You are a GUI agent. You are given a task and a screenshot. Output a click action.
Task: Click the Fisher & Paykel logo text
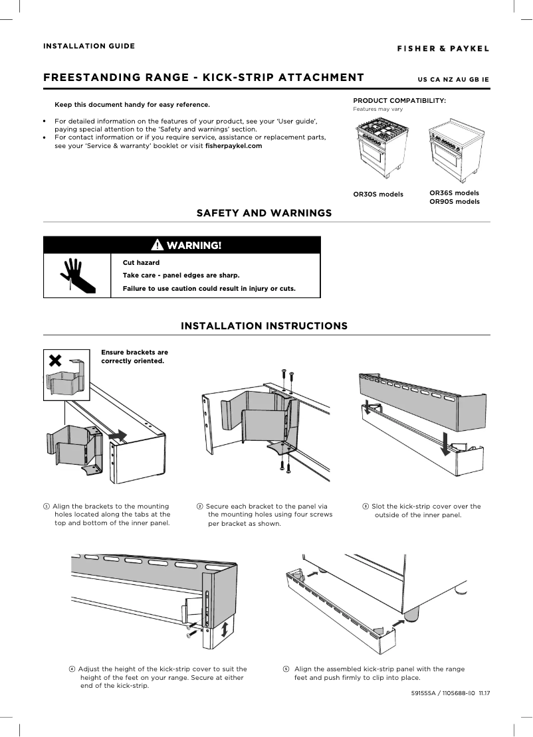(x=443, y=48)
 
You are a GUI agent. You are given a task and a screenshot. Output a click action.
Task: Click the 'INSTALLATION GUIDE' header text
(x=89, y=46)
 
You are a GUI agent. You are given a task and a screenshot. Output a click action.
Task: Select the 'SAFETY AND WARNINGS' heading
(x=264, y=213)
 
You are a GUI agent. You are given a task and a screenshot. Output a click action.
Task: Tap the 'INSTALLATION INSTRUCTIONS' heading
(x=264, y=326)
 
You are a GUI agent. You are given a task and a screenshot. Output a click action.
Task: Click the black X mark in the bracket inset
(x=56, y=361)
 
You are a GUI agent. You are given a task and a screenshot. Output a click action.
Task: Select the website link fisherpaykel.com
(x=234, y=145)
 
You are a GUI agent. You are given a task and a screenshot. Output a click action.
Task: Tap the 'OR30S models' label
(x=378, y=195)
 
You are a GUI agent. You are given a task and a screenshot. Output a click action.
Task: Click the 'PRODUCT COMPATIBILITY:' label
(x=399, y=100)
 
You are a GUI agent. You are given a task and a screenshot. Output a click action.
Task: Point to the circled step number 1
(x=46, y=507)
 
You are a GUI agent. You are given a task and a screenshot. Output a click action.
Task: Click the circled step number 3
(x=365, y=507)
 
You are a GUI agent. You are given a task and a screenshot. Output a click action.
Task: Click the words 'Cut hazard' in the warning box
(x=136, y=263)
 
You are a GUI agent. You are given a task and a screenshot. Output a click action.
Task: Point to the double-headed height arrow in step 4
(x=226, y=627)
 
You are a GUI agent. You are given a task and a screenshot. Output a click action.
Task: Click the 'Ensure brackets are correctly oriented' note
(x=134, y=357)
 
